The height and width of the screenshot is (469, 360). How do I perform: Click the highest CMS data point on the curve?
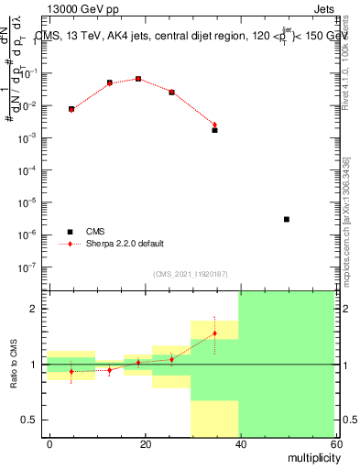[138, 79]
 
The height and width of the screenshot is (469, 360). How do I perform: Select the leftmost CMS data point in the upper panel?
[71, 109]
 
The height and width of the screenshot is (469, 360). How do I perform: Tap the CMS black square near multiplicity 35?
[214, 130]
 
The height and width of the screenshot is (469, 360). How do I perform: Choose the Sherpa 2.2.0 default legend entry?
[125, 244]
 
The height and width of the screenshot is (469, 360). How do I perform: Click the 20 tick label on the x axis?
[145, 443]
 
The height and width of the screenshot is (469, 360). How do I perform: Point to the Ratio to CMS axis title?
[15, 365]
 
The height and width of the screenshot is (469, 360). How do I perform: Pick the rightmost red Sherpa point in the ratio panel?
[214, 333]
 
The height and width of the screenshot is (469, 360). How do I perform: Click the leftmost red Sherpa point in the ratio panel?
[71, 372]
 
